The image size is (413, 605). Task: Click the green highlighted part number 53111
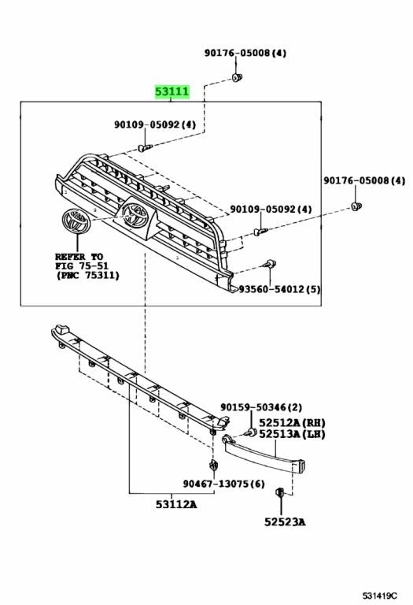tap(171, 92)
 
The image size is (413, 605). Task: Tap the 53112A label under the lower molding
tap(176, 504)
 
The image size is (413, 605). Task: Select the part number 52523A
tap(285, 522)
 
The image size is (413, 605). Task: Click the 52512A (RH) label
tap(292, 422)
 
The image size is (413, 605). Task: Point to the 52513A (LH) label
tap(292, 434)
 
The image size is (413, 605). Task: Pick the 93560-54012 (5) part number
tap(279, 288)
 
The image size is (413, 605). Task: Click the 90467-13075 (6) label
tap(224, 483)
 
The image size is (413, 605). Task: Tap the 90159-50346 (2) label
tap(261, 407)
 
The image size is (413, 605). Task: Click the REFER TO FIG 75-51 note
tap(87, 265)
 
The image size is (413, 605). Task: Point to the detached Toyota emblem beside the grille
tap(76, 221)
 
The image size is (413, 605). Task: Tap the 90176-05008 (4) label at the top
tap(245, 53)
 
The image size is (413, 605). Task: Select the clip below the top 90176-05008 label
tap(238, 77)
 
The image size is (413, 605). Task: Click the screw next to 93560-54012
tap(269, 265)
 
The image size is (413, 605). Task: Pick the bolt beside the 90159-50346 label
tap(250, 432)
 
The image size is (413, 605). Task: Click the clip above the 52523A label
tap(280, 492)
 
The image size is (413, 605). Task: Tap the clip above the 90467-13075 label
tap(214, 465)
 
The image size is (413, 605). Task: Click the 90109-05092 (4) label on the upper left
tap(155, 124)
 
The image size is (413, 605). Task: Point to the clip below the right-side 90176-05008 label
tap(356, 207)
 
